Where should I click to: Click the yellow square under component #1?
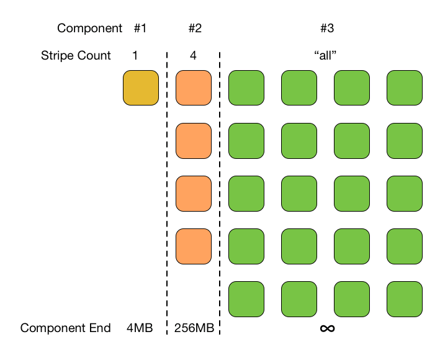(x=141, y=88)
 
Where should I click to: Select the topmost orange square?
(x=194, y=88)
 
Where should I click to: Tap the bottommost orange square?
(x=194, y=246)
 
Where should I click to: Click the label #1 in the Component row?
(x=140, y=28)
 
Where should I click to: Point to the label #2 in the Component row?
(x=194, y=28)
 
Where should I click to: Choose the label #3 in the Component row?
(x=327, y=28)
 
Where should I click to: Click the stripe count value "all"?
(x=326, y=55)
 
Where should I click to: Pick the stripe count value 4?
(x=194, y=55)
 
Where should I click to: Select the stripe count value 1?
(x=135, y=55)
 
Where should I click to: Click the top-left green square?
(x=247, y=88)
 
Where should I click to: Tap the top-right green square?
(x=405, y=88)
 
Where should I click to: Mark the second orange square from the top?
(x=194, y=140)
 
